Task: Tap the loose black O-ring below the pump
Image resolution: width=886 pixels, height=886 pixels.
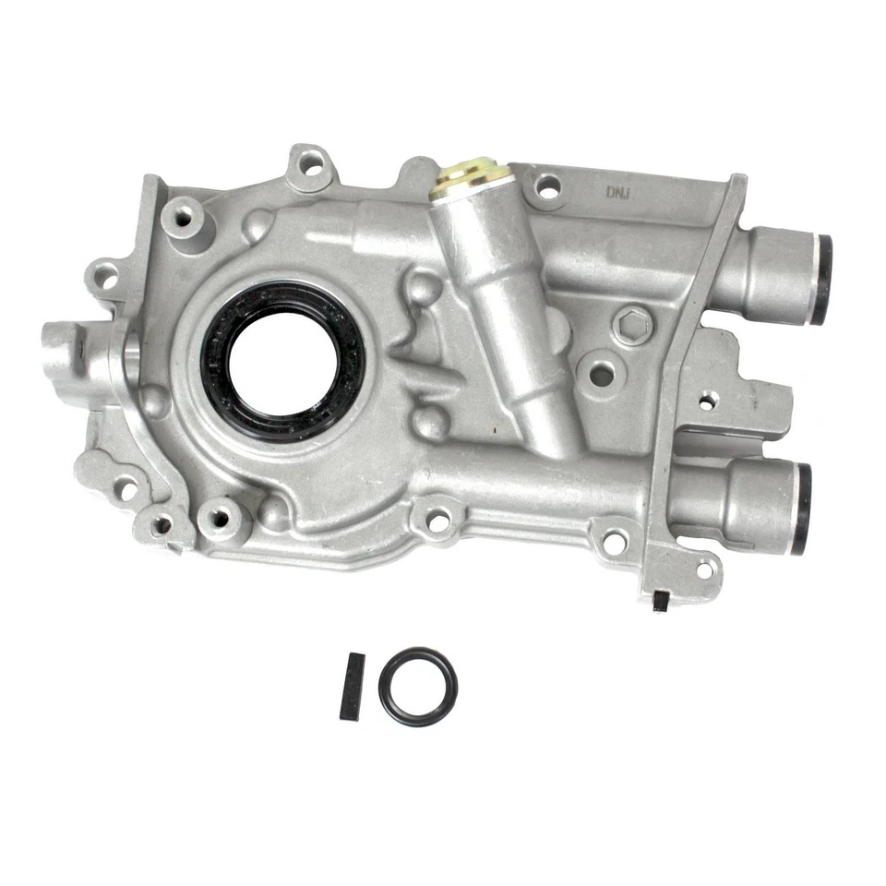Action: coord(417,686)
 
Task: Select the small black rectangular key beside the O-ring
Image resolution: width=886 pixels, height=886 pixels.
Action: coord(352,686)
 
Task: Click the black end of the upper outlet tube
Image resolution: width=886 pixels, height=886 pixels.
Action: coord(820,280)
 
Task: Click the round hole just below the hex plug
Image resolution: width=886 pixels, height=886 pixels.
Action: coord(601,374)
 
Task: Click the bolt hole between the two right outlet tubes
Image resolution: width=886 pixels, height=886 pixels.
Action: coord(706,401)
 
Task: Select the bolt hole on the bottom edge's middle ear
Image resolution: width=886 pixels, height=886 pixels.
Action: coord(439,521)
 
